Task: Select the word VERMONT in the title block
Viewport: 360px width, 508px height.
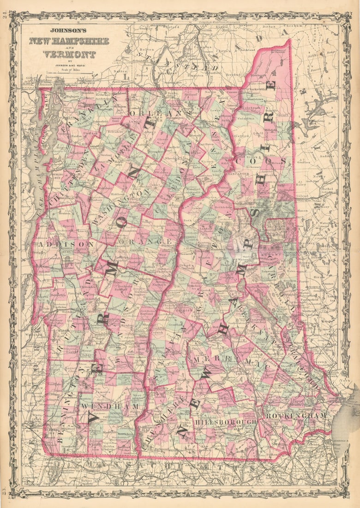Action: click(x=69, y=54)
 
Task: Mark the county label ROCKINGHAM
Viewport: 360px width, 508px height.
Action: click(x=296, y=416)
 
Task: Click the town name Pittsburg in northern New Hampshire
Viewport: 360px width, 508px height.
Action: click(x=258, y=74)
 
